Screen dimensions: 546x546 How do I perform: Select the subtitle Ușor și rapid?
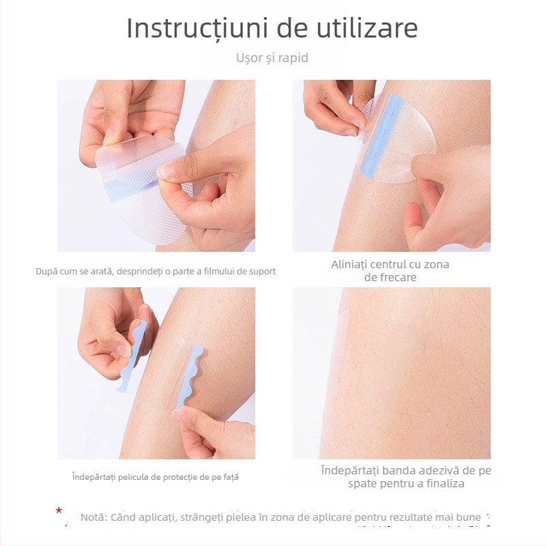pyautogui.click(x=272, y=58)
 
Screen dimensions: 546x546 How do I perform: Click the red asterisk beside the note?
pyautogui.click(x=59, y=511)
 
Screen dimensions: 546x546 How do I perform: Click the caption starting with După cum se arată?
pyautogui.click(x=156, y=272)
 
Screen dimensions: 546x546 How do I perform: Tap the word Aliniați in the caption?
pyautogui.click(x=351, y=265)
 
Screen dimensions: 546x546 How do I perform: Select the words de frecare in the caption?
pyautogui.click(x=390, y=278)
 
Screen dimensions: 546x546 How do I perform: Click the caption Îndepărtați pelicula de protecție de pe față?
pyautogui.click(x=156, y=477)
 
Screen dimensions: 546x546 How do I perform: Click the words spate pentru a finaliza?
pyautogui.click(x=406, y=484)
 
